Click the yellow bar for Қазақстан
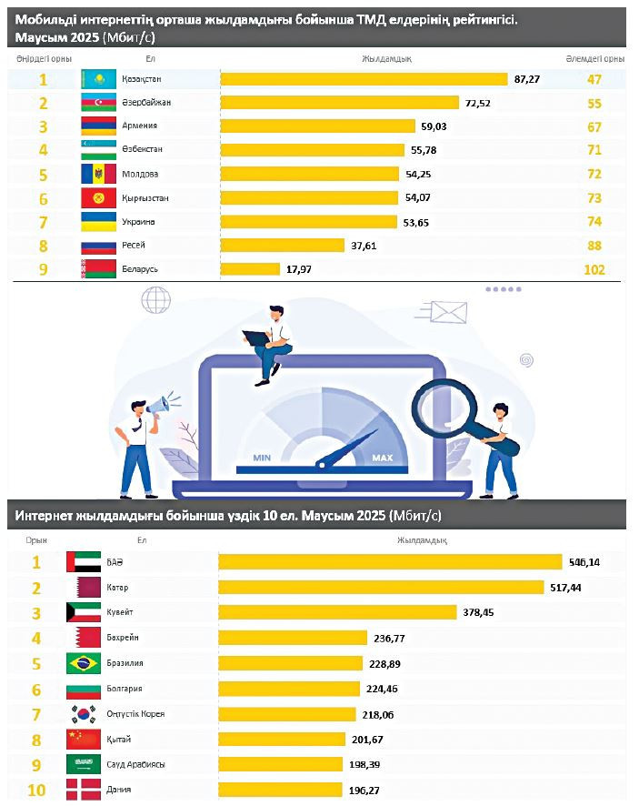click(x=364, y=79)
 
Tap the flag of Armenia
click(x=98, y=126)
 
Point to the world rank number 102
click(x=594, y=269)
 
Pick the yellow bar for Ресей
click(x=283, y=245)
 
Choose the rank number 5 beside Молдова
click(x=42, y=174)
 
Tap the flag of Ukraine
click(x=98, y=221)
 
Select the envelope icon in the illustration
click(x=449, y=312)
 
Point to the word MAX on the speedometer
click(x=382, y=458)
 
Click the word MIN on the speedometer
click(x=263, y=458)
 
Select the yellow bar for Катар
click(x=381, y=588)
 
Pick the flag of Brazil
click(x=84, y=663)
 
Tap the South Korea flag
click(x=84, y=714)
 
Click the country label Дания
click(x=118, y=790)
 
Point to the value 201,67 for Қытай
click(x=366, y=739)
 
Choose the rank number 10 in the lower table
click(x=37, y=790)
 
